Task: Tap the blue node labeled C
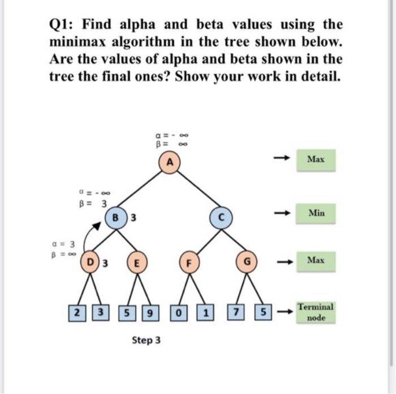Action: (x=221, y=217)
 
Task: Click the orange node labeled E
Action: (x=136, y=262)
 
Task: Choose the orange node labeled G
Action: (x=245, y=263)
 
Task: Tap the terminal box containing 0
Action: (x=180, y=311)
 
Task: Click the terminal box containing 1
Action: (x=204, y=311)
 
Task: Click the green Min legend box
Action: (x=317, y=214)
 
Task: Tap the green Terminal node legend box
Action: (x=316, y=311)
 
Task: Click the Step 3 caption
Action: (x=147, y=340)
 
